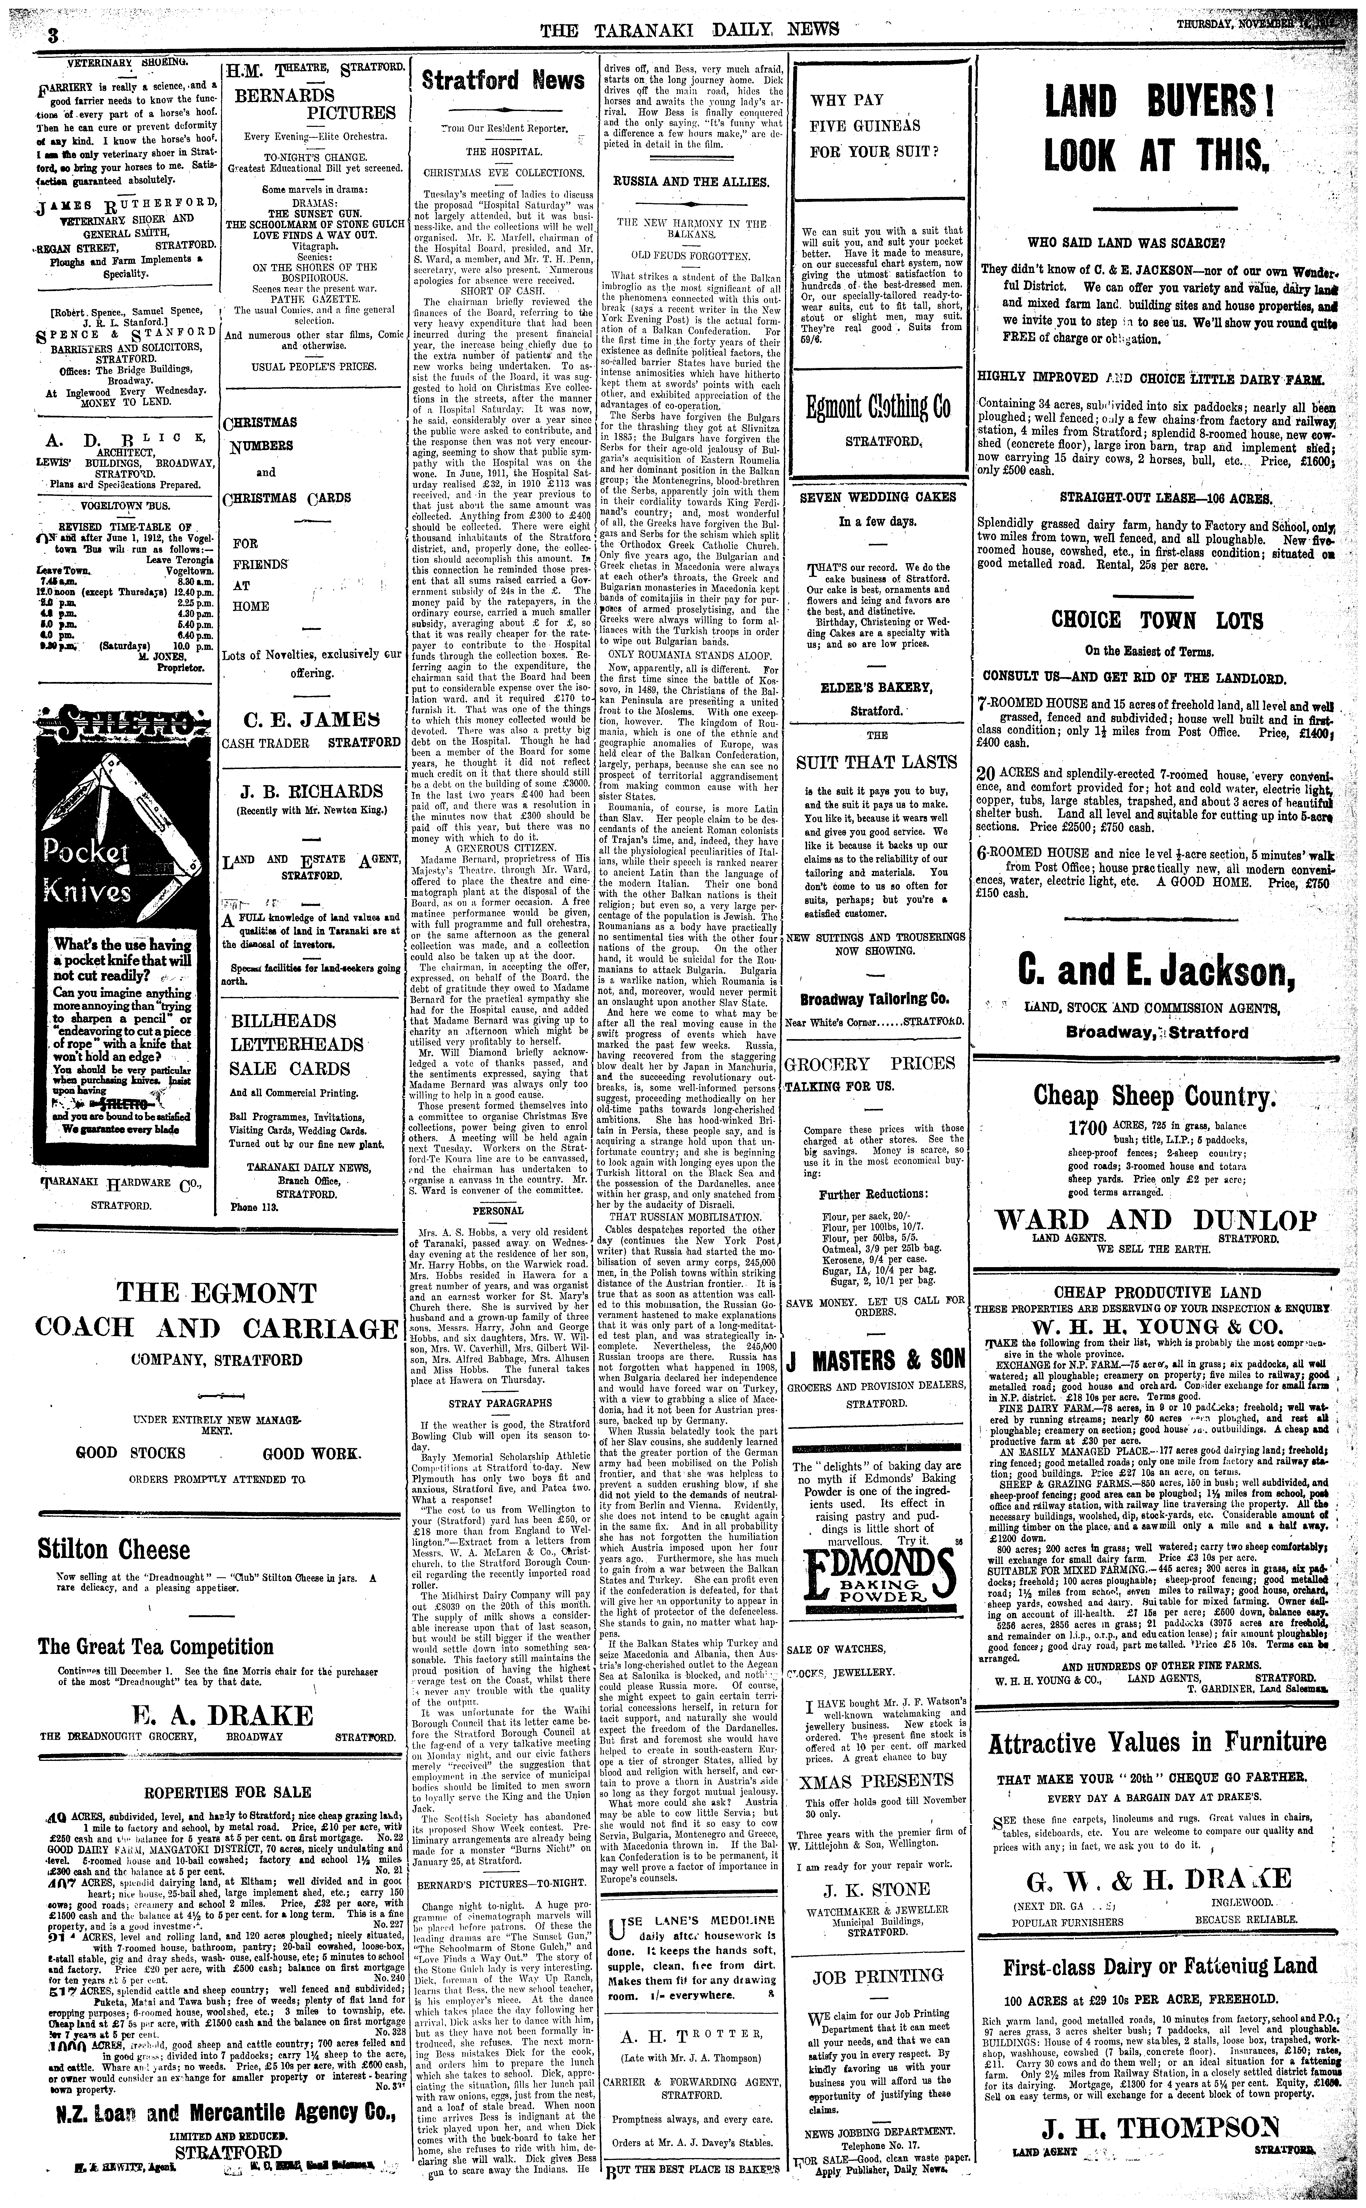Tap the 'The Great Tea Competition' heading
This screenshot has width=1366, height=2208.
(x=155, y=1647)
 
